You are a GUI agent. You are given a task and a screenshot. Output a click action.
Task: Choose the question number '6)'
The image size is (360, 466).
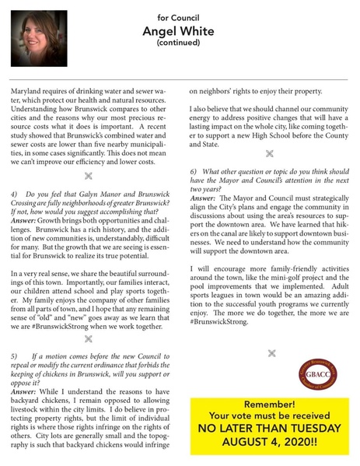pos(194,170)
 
